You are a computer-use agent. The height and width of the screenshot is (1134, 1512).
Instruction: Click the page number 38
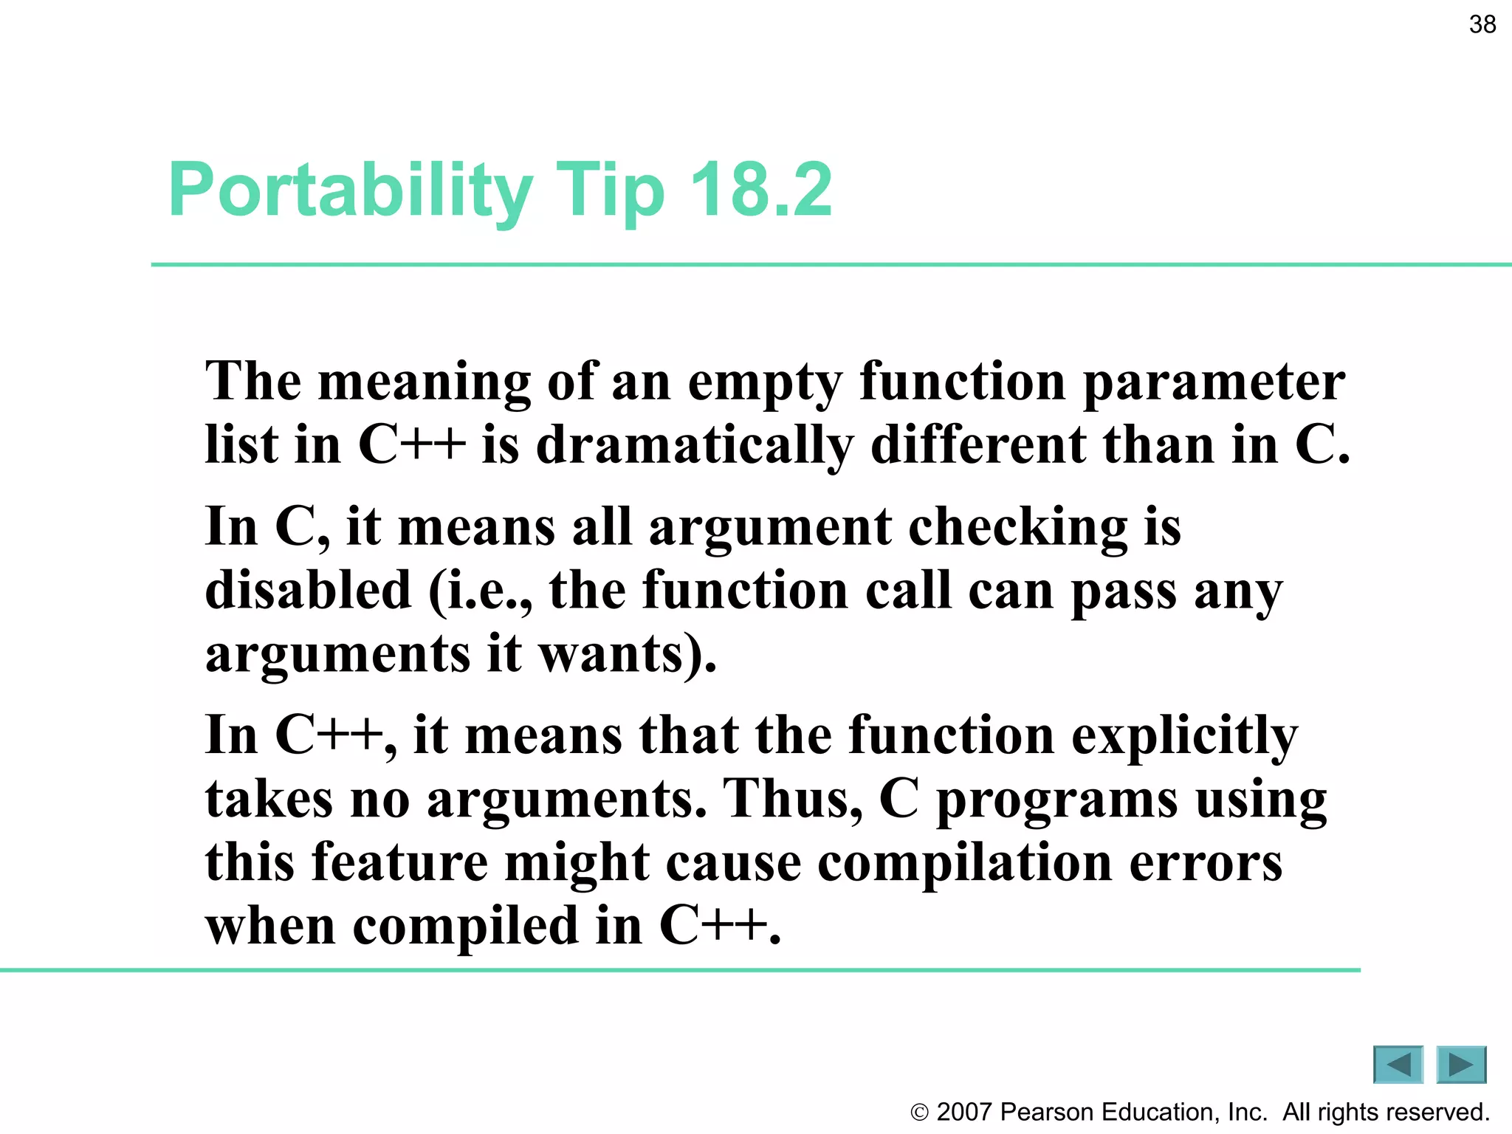click(x=1482, y=24)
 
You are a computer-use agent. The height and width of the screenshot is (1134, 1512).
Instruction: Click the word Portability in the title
click(x=350, y=191)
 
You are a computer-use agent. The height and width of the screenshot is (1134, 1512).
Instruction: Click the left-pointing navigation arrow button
click(x=1398, y=1065)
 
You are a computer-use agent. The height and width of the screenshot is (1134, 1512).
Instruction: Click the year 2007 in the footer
click(x=963, y=1112)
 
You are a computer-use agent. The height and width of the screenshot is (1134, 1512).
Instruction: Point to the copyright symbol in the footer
click(x=919, y=1113)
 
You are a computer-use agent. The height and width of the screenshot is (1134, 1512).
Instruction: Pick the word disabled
click(x=308, y=591)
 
